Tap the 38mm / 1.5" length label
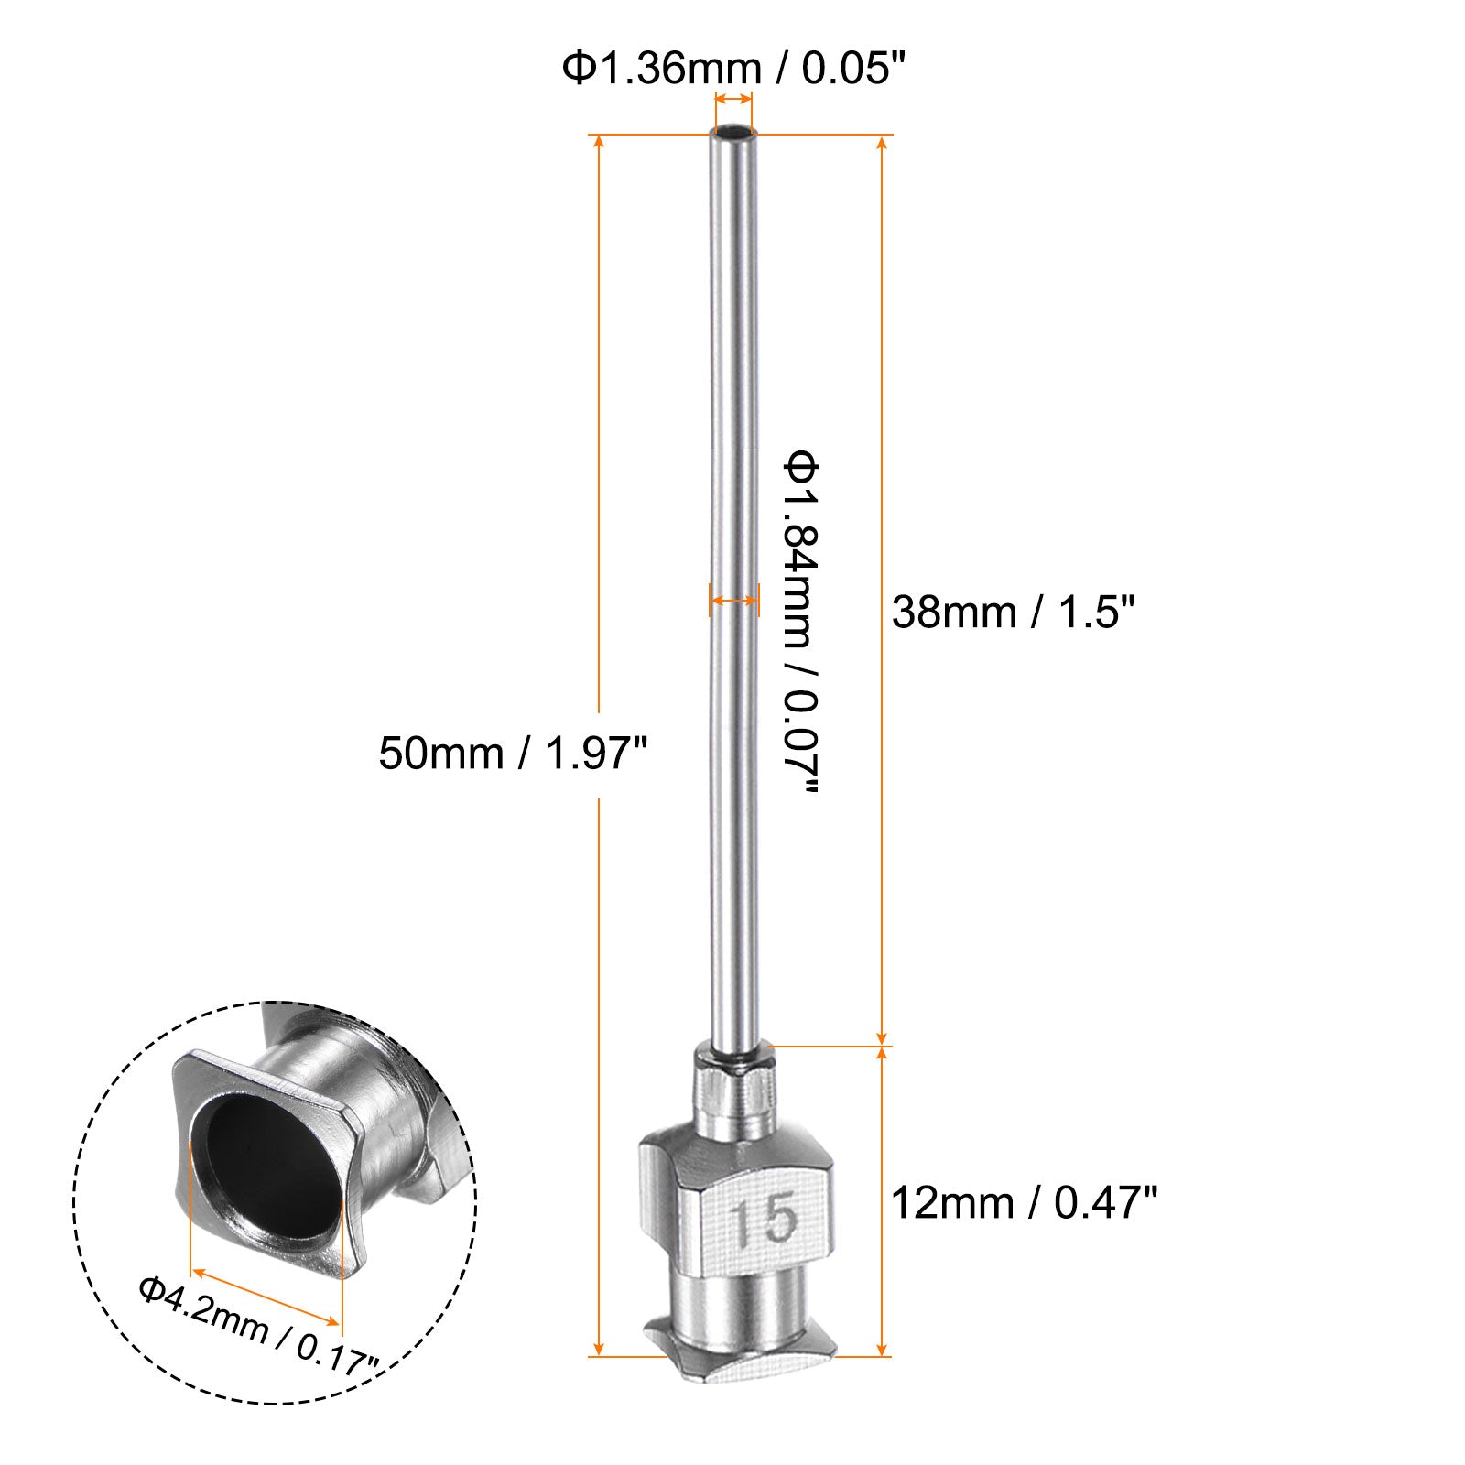pos(1014,612)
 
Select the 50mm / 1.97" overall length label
pos(513,754)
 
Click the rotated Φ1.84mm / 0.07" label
pos(800,624)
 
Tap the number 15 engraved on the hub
pos(765,1221)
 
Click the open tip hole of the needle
pos(732,134)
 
